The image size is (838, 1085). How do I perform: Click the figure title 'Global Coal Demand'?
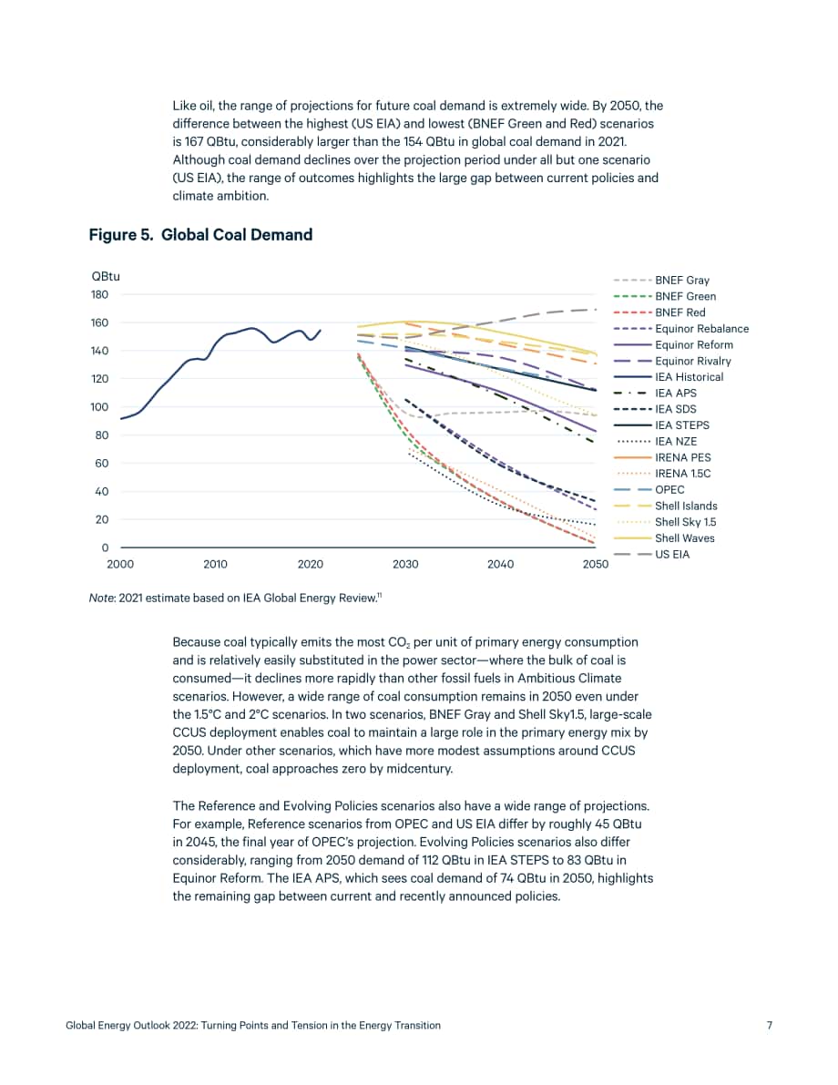(x=237, y=234)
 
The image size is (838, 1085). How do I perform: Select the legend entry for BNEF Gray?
(x=681, y=281)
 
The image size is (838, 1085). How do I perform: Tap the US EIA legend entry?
(x=672, y=554)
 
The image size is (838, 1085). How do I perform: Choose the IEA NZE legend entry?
(x=675, y=442)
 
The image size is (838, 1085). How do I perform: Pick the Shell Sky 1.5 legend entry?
(x=685, y=522)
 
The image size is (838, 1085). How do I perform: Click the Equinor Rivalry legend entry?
(x=692, y=361)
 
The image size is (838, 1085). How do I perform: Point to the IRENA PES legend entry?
(x=682, y=457)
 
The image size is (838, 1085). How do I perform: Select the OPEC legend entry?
(x=669, y=489)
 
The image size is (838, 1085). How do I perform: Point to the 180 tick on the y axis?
(x=99, y=294)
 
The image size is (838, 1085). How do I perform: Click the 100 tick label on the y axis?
(x=99, y=407)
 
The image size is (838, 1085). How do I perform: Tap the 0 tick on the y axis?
(x=105, y=548)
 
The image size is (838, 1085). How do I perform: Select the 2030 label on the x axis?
(x=405, y=564)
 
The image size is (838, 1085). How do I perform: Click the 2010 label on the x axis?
(x=215, y=564)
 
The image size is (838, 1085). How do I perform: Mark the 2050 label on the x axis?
(x=596, y=564)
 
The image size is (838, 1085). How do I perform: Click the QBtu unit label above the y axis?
(x=106, y=276)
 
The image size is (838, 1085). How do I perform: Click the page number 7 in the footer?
(x=770, y=1025)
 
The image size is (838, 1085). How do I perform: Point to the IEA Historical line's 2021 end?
(x=321, y=330)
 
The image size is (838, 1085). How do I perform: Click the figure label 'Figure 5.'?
(x=121, y=234)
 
